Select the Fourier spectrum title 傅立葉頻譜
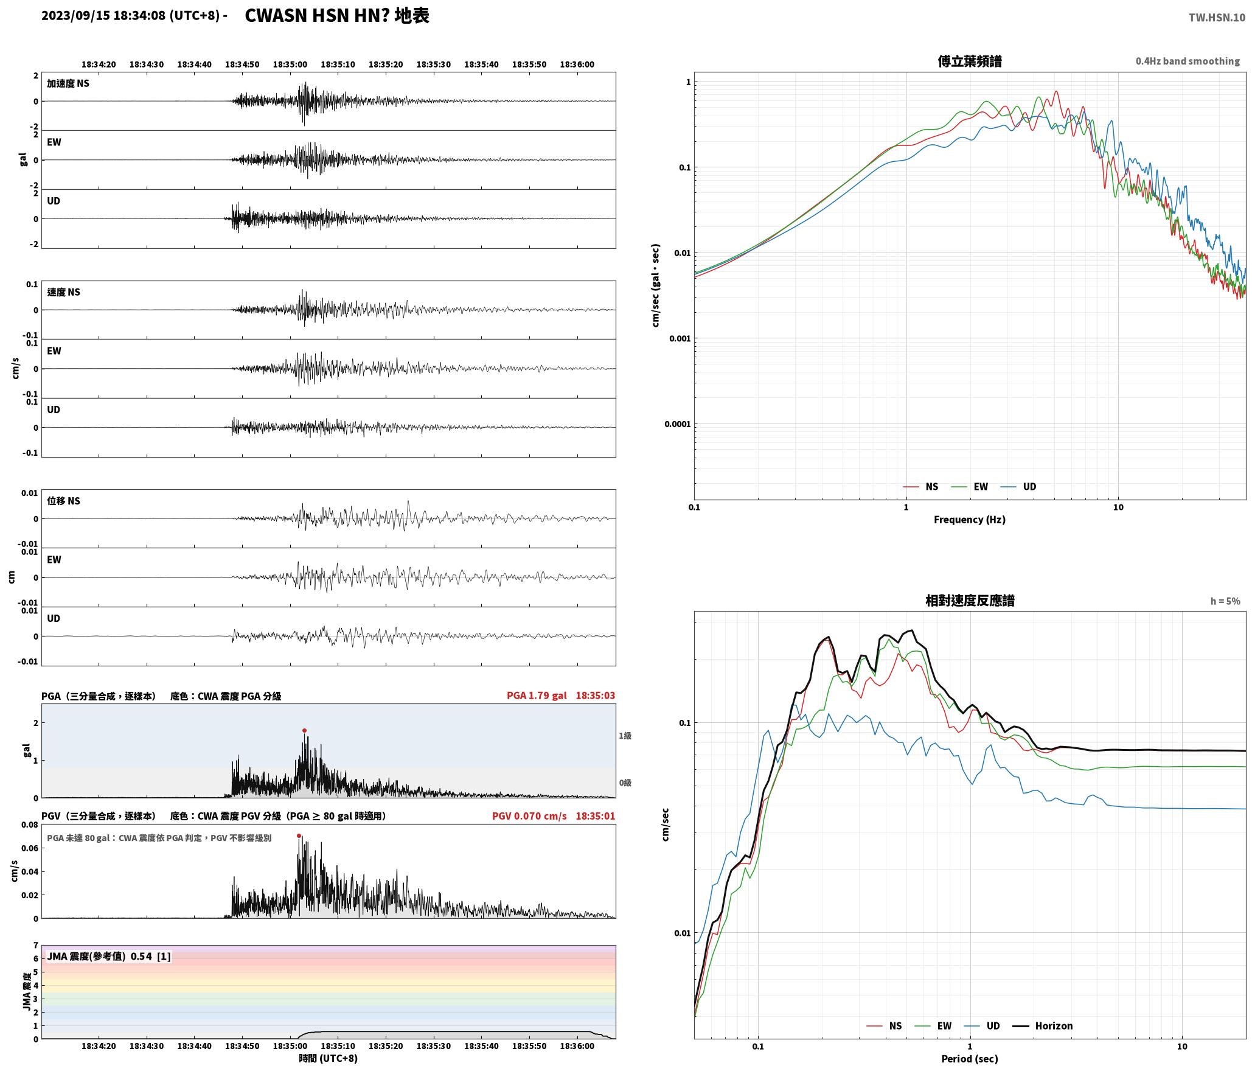[970, 61]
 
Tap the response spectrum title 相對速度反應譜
[970, 601]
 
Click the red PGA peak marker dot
[304, 730]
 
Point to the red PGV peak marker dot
[299, 836]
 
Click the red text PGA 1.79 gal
[537, 696]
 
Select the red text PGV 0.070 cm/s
[529, 816]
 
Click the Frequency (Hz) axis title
[970, 520]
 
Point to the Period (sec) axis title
[970, 1059]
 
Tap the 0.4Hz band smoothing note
[1188, 61]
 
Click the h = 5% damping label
[1225, 601]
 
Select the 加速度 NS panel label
[68, 83]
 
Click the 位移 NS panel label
[64, 501]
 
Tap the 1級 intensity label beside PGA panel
[625, 736]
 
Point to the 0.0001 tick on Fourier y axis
[677, 424]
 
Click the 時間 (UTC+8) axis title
[329, 1058]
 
